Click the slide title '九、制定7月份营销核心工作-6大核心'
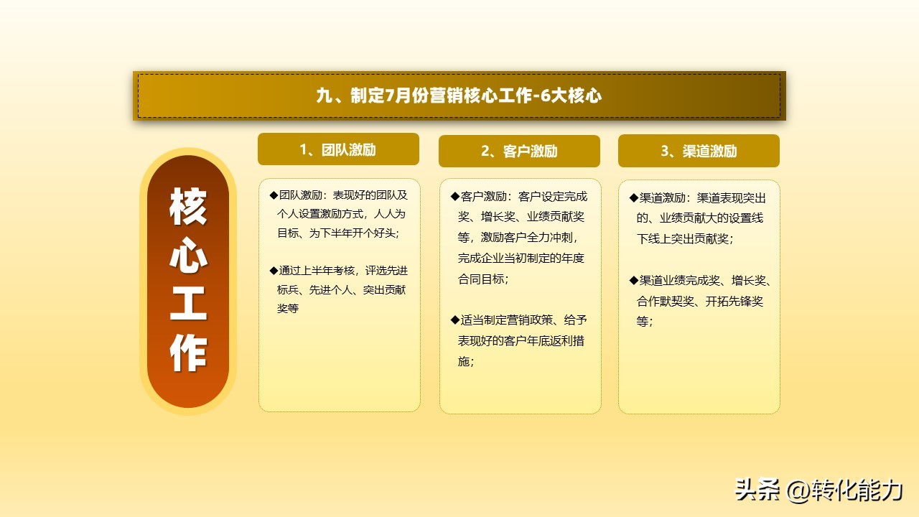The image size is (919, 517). [459, 96]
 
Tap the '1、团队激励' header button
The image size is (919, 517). [338, 149]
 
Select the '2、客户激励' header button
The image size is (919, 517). [519, 151]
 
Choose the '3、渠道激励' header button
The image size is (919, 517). [699, 151]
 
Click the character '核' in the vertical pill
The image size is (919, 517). [188, 208]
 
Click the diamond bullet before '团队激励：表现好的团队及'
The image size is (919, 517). [274, 195]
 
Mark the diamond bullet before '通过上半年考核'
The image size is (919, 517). [274, 270]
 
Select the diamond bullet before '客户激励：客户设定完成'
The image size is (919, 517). [454, 196]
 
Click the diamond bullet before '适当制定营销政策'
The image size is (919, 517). [454, 320]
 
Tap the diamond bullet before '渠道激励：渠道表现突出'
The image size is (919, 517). [633, 197]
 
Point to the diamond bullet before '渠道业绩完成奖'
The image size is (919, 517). [633, 280]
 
